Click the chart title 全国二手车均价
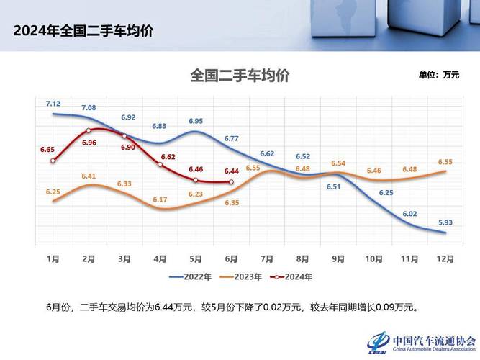[240, 75]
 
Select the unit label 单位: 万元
[438, 75]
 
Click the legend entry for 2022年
[190, 276]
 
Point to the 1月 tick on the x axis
[53, 258]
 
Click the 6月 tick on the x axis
[231, 258]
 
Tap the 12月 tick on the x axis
[445, 258]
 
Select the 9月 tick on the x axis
[338, 258]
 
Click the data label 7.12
[53, 104]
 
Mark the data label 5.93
[445, 222]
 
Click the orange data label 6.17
[160, 199]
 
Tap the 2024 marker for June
[231, 182]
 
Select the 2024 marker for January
[53, 161]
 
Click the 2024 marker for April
[160, 165]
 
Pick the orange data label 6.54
[338, 163]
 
